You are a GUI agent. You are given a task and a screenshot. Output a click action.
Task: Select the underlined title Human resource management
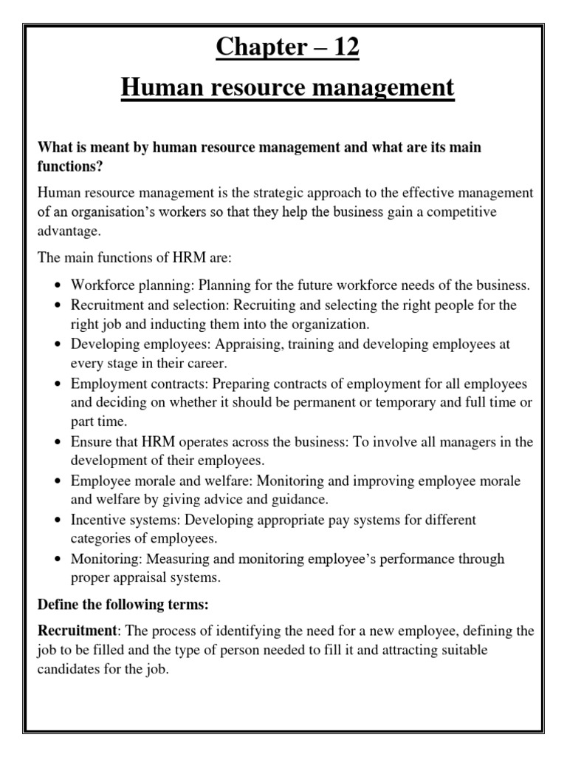(286, 89)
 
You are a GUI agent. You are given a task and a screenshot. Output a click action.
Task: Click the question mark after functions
(101, 167)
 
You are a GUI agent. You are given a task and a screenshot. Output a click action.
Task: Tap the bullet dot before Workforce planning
(58, 285)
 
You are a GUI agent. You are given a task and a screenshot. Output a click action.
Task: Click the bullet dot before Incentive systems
(58, 520)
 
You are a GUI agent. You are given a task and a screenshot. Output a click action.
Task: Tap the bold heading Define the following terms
(124, 605)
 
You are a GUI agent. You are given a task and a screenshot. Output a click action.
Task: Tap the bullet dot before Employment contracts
(58, 384)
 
